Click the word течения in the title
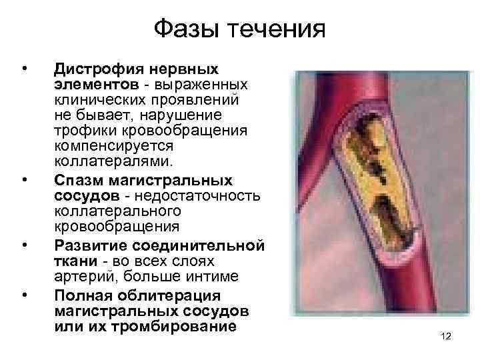(x=276, y=29)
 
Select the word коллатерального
(x=108, y=210)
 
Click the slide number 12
(x=446, y=337)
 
